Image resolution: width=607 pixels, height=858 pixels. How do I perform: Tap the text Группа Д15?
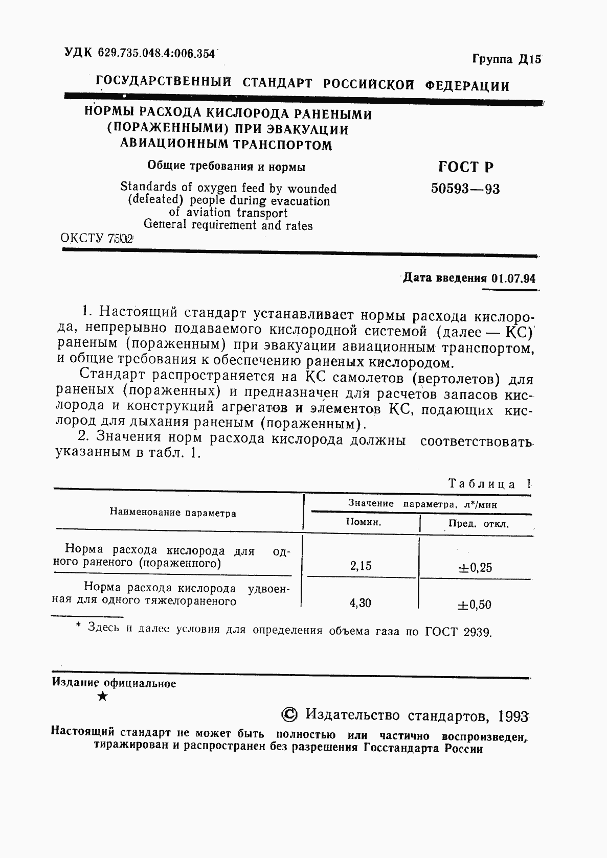tap(506, 59)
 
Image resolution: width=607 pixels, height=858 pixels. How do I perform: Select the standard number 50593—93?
tap(465, 189)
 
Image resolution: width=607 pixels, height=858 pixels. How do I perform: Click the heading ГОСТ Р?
tap(466, 167)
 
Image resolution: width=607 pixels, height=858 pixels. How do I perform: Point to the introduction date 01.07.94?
tap(513, 279)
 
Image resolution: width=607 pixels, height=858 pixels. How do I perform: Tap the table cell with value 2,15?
tap(361, 566)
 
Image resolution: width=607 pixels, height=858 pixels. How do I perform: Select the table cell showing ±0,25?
tap(475, 568)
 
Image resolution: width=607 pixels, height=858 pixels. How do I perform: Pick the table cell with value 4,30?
tap(361, 603)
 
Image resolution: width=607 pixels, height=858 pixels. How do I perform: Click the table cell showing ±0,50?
tap(475, 605)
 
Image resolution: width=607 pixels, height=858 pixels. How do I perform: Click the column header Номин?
tap(364, 522)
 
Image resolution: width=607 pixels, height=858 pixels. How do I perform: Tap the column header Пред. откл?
tap(479, 524)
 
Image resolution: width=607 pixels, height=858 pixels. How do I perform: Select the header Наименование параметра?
tap(173, 513)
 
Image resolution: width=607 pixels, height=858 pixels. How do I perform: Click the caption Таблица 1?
tap(489, 484)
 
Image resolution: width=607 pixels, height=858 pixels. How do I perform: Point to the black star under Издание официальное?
tap(102, 696)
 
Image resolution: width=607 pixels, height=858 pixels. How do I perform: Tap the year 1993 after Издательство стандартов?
tap(512, 716)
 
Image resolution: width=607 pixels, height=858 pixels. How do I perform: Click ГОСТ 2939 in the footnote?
tap(458, 632)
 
